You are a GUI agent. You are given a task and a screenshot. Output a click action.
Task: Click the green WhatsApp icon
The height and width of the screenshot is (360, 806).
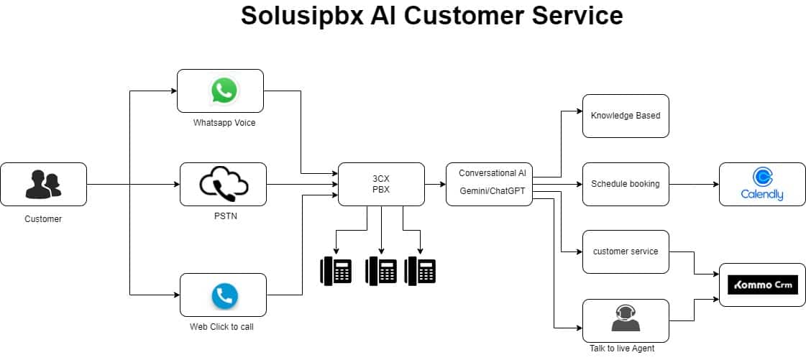pyautogui.click(x=223, y=91)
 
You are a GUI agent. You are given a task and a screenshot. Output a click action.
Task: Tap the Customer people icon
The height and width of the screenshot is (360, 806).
pyautogui.click(x=43, y=184)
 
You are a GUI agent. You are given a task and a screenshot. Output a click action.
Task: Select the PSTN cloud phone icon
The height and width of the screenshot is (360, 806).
pyautogui.click(x=223, y=184)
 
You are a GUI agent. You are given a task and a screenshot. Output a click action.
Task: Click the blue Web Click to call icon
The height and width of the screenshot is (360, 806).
pyautogui.click(x=224, y=295)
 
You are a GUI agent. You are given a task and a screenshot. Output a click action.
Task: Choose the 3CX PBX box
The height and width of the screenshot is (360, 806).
pyautogui.click(x=381, y=185)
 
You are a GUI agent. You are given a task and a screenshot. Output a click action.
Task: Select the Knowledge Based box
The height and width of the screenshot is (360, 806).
pyautogui.click(x=626, y=116)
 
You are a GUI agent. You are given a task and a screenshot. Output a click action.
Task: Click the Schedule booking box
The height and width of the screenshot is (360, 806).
pyautogui.click(x=626, y=184)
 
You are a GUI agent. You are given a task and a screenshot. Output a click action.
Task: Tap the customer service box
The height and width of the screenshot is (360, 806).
pyautogui.click(x=626, y=251)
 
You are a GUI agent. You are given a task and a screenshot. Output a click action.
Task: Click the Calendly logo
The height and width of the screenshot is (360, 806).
pyautogui.click(x=762, y=184)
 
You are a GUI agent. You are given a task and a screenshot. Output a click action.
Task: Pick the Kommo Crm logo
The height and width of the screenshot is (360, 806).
pyautogui.click(x=762, y=285)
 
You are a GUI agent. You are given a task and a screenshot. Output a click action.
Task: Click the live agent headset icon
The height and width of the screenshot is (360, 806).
pyautogui.click(x=626, y=318)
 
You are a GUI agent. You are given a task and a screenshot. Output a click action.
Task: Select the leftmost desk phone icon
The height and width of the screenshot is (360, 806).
pyautogui.click(x=336, y=270)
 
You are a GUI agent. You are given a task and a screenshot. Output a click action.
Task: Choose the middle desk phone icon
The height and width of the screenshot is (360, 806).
pyautogui.click(x=381, y=270)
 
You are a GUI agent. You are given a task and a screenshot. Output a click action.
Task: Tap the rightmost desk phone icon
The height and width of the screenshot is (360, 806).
pyautogui.click(x=420, y=270)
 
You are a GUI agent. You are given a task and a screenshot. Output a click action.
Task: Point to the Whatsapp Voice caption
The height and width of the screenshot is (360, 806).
pyautogui.click(x=224, y=123)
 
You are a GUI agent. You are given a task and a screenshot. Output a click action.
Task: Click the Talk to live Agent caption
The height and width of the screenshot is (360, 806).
pyautogui.click(x=622, y=349)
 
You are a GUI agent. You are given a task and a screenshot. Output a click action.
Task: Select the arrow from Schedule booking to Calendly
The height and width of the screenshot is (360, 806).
pyautogui.click(x=694, y=184)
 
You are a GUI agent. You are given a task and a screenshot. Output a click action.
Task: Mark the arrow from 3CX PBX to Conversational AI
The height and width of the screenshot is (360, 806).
pyautogui.click(x=435, y=185)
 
